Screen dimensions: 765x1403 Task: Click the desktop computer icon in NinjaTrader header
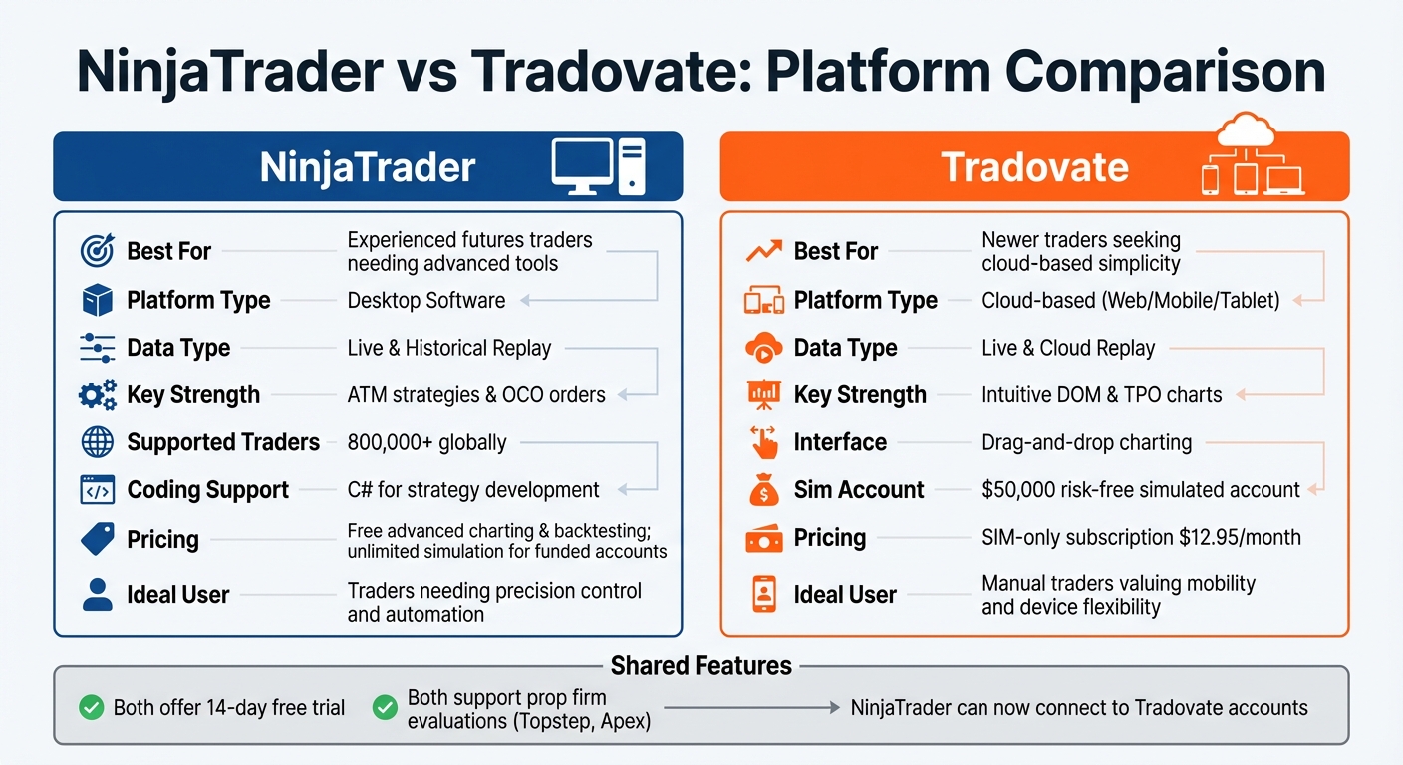tap(597, 166)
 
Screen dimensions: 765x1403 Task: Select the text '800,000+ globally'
tap(426, 442)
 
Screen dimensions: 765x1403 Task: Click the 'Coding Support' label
tap(207, 490)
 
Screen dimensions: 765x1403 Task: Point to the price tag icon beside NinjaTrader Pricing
tap(97, 539)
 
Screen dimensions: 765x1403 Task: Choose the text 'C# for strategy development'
tap(472, 490)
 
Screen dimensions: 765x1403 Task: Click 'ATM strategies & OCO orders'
tap(475, 395)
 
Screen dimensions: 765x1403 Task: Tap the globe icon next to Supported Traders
tap(97, 442)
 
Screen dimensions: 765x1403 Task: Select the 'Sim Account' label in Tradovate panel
tap(858, 490)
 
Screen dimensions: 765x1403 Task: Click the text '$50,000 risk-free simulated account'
tap(1140, 490)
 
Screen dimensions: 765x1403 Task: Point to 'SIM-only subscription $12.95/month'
tap(1140, 538)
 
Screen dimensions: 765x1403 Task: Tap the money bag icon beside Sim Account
tap(764, 490)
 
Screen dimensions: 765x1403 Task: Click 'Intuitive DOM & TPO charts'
tap(1101, 395)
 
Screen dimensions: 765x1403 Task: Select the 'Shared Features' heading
tap(701, 666)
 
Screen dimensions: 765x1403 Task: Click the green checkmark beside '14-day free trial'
tap(92, 708)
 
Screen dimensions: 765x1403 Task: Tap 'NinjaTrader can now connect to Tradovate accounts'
tap(1078, 708)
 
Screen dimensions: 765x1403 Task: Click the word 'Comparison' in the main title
tap(1164, 72)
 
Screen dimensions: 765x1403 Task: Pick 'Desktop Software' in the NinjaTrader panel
tap(425, 300)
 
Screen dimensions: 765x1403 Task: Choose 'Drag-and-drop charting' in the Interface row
tap(1086, 442)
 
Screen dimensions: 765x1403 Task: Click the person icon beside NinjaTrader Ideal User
tap(97, 595)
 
